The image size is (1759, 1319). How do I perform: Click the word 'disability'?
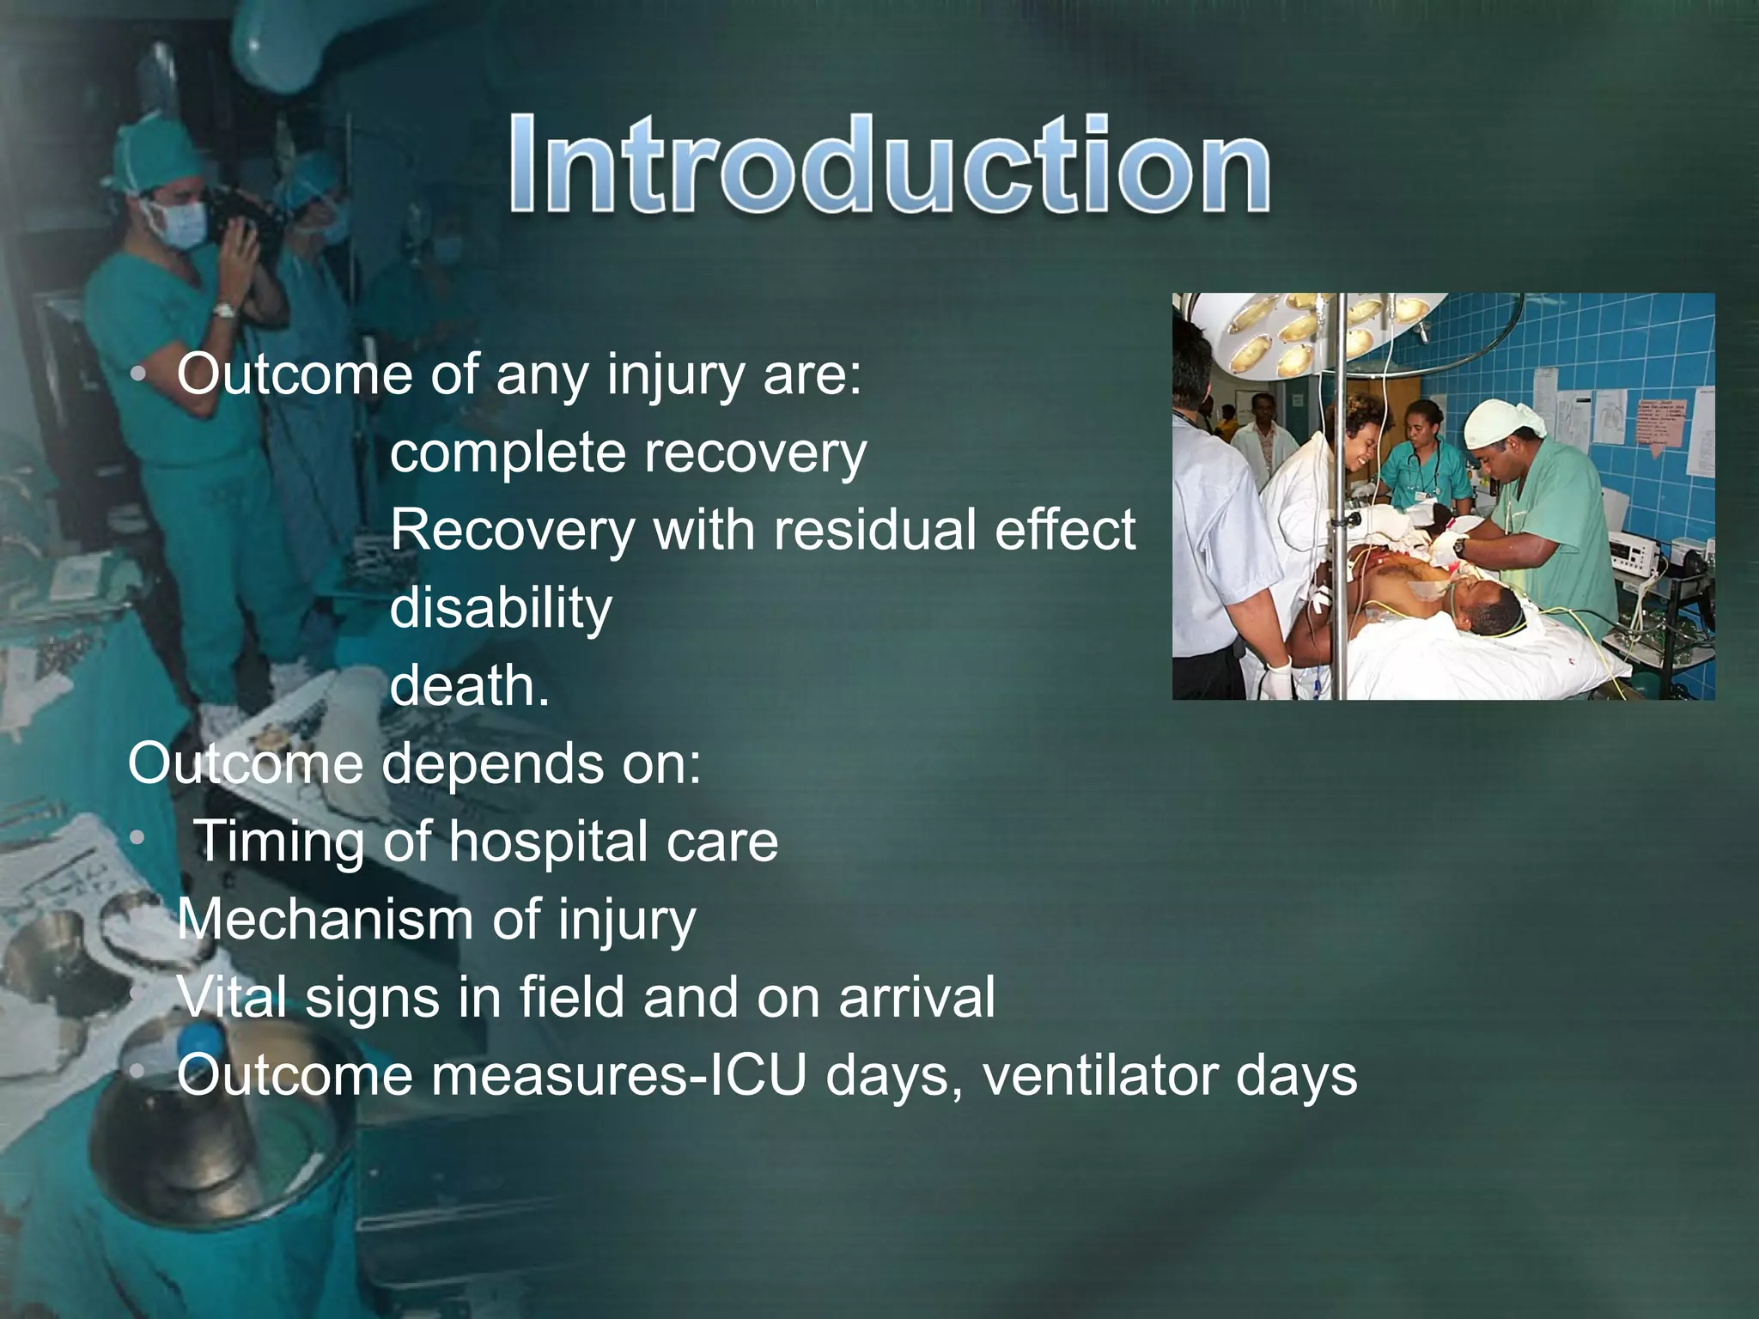pyautogui.click(x=501, y=608)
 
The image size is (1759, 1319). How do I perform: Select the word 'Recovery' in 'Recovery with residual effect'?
pyautogui.click(x=512, y=530)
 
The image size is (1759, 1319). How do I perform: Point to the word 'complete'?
pyautogui.click(x=507, y=453)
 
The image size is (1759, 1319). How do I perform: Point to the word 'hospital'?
pyautogui.click(x=547, y=842)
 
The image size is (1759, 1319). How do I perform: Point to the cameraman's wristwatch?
pyautogui.click(x=224, y=310)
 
